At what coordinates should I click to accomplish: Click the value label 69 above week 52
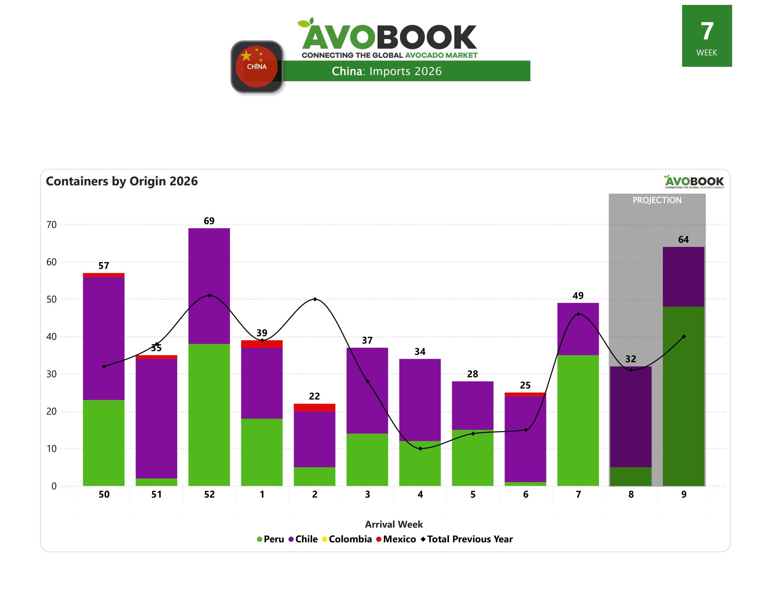click(209, 221)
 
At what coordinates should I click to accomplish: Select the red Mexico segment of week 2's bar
click(314, 407)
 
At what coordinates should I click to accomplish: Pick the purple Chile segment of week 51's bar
click(156, 418)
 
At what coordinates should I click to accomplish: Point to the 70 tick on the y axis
click(51, 225)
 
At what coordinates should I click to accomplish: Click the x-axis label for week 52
click(210, 494)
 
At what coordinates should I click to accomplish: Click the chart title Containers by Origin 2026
click(122, 181)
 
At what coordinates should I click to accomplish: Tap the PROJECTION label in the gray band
click(657, 200)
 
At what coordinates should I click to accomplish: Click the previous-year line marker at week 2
click(315, 299)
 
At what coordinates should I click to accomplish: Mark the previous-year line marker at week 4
click(420, 449)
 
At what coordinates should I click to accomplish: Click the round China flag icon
click(257, 66)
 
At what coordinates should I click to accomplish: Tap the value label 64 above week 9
click(683, 239)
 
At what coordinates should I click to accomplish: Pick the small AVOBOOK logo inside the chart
click(694, 182)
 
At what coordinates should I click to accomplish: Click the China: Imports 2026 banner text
click(386, 71)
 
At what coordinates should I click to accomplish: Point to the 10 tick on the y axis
click(51, 449)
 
